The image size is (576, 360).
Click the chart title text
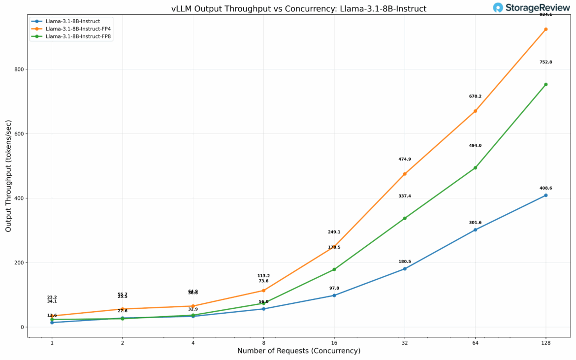298,9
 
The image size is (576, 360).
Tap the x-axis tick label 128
545,343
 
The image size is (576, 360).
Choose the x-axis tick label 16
334,343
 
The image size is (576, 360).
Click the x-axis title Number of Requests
298,351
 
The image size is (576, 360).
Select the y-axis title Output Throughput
8,176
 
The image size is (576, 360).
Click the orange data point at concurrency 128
545,29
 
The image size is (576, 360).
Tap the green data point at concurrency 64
475,168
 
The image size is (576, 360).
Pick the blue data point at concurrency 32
405,269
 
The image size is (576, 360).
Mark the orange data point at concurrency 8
263,291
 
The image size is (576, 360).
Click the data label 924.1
545,15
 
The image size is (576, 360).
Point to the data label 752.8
545,62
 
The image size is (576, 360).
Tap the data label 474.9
405,160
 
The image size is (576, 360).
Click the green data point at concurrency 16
334,269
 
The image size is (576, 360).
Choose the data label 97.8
334,288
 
